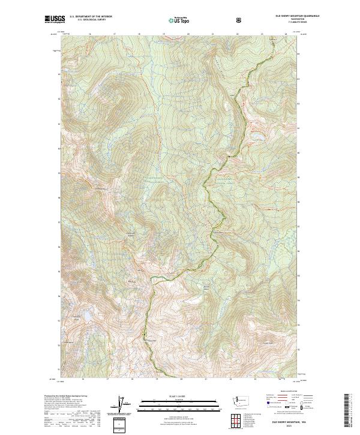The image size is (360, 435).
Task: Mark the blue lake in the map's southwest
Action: tap(88, 315)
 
